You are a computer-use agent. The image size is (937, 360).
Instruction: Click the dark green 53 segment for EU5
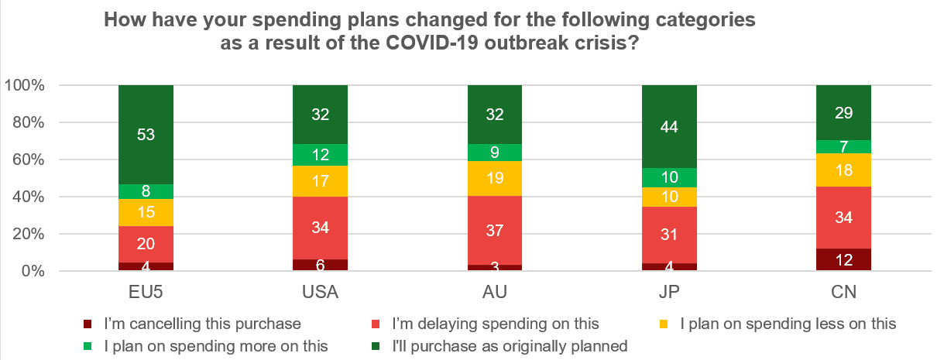click(146, 135)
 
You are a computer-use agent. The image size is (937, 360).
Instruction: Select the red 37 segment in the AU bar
click(495, 230)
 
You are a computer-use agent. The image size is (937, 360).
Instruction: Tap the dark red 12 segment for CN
click(844, 259)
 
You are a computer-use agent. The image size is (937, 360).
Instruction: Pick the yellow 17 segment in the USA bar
click(320, 181)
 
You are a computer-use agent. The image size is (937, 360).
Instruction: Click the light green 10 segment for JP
click(669, 178)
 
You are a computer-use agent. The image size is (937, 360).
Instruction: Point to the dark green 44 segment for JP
click(669, 126)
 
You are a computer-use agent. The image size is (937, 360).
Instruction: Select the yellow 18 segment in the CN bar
click(844, 170)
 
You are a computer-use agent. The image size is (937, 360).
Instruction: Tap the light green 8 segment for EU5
click(146, 192)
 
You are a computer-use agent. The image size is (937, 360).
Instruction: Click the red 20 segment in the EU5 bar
click(146, 244)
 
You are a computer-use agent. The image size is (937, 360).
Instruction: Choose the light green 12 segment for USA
click(320, 155)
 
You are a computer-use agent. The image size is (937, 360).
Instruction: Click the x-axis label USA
click(320, 293)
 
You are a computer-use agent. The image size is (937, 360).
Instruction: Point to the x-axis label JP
click(669, 293)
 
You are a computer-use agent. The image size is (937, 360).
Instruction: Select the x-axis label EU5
click(146, 293)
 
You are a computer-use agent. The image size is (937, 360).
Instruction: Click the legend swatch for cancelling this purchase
click(88, 324)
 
